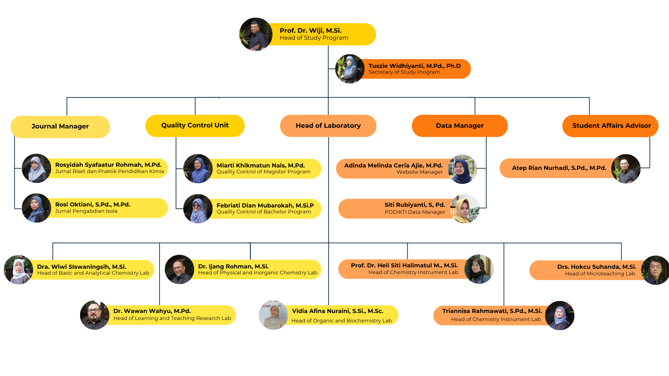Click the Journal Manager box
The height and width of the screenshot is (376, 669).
(60, 127)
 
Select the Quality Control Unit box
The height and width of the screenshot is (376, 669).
(195, 126)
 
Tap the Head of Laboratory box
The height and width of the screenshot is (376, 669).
(328, 126)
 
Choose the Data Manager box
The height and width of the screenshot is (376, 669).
(460, 126)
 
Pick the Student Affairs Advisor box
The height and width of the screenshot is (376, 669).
(610, 126)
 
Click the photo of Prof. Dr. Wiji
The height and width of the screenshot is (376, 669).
(256, 34)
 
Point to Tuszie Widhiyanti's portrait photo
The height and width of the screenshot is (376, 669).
(350, 69)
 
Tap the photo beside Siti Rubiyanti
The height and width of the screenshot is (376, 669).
(465, 209)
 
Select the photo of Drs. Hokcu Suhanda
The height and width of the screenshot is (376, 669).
(655, 270)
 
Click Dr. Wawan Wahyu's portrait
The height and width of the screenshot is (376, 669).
(95, 315)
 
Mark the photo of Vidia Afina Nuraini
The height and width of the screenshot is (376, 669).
(274, 315)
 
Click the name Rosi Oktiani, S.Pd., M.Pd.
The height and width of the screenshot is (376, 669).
(93, 204)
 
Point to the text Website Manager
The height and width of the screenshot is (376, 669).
(420, 172)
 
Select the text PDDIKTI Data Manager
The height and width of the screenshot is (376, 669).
(415, 212)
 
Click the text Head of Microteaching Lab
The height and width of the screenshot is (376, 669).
(600, 274)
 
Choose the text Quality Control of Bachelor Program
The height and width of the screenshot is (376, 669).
(264, 212)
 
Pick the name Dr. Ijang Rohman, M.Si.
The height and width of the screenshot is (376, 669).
(233, 266)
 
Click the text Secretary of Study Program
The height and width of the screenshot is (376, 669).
(404, 72)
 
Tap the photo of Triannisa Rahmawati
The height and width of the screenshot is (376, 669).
(560, 315)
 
